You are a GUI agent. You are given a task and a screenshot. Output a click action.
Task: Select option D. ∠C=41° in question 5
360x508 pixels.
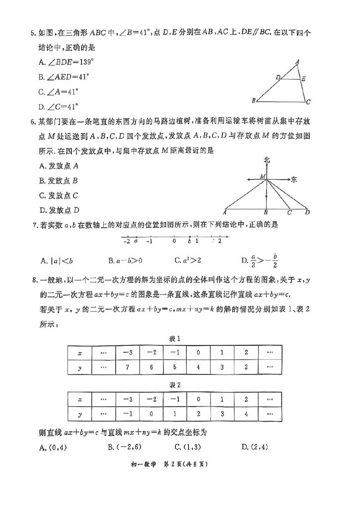59,106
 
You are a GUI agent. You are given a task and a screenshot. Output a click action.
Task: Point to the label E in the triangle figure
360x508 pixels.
303,78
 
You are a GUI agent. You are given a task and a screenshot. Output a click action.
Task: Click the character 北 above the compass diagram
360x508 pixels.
267,160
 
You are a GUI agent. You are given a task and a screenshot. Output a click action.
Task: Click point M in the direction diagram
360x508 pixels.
262,176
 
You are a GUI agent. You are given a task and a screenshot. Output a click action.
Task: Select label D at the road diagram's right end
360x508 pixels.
308,212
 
